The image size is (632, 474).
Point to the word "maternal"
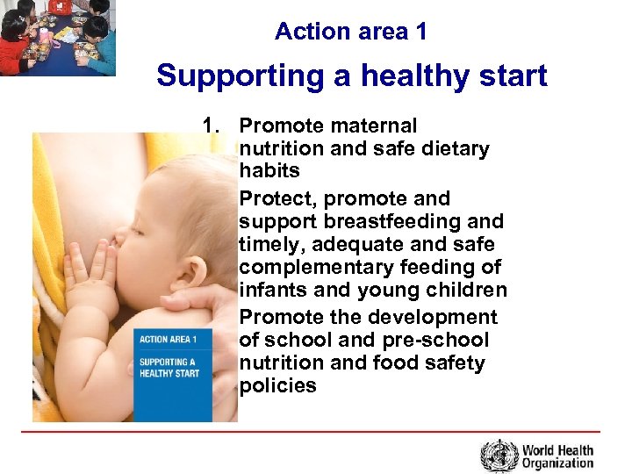[x=373, y=126]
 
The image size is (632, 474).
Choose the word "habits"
[x=269, y=171]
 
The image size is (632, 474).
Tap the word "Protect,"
[x=274, y=199]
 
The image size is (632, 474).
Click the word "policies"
[x=277, y=385]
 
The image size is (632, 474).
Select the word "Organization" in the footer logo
[x=557, y=463]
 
